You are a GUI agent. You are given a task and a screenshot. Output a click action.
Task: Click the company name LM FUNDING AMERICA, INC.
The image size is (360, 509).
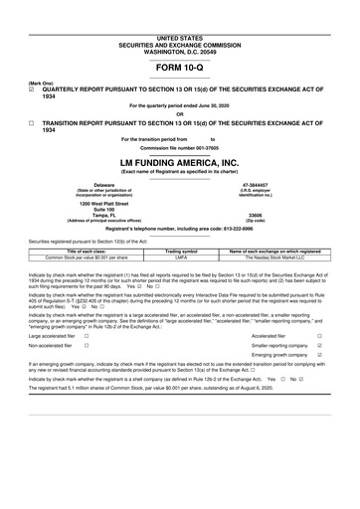coord(179,161)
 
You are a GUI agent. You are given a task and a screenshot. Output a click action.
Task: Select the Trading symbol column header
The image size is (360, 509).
coord(181,252)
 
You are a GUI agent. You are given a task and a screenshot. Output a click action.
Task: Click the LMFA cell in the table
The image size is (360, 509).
coord(181,257)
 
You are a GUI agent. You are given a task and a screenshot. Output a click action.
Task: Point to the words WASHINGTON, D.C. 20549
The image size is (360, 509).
coord(179,23)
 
